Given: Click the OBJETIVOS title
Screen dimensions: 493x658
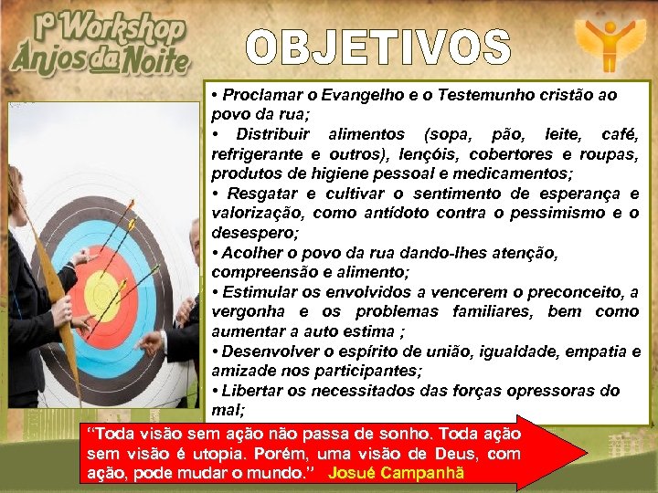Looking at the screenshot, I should coord(379,47).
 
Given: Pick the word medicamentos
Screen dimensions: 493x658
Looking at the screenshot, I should coord(522,173).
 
